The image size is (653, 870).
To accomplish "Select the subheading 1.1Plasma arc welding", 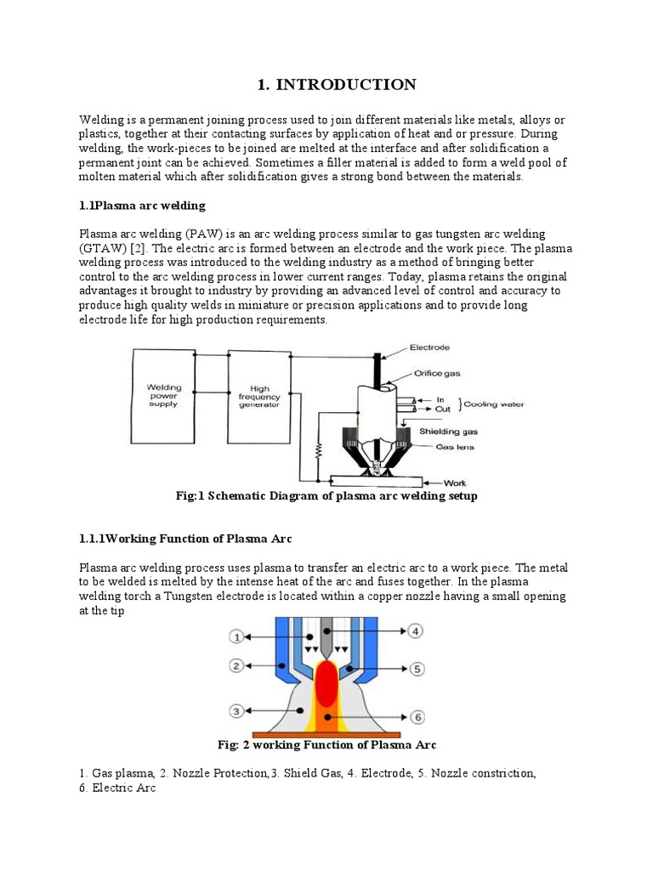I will click(x=142, y=206).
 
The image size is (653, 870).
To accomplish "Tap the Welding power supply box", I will click(x=162, y=397).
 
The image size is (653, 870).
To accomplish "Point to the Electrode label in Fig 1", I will click(x=429, y=347).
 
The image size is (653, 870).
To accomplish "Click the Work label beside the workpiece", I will click(x=455, y=483).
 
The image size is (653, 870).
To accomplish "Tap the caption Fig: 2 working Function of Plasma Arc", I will click(x=326, y=745).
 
